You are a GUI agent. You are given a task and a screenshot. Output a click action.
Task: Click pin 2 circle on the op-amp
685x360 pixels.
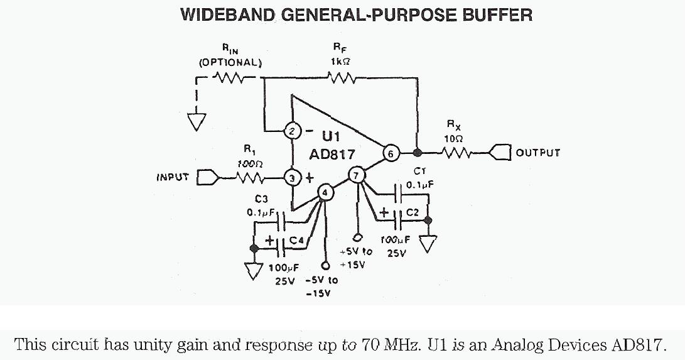point(292,131)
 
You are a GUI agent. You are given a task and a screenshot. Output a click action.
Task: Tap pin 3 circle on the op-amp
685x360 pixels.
point(292,178)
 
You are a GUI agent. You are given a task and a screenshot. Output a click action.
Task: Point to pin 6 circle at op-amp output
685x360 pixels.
point(390,153)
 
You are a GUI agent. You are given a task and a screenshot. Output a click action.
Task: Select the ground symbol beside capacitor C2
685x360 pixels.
point(428,244)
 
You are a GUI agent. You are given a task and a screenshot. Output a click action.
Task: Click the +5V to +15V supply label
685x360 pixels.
point(355,258)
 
